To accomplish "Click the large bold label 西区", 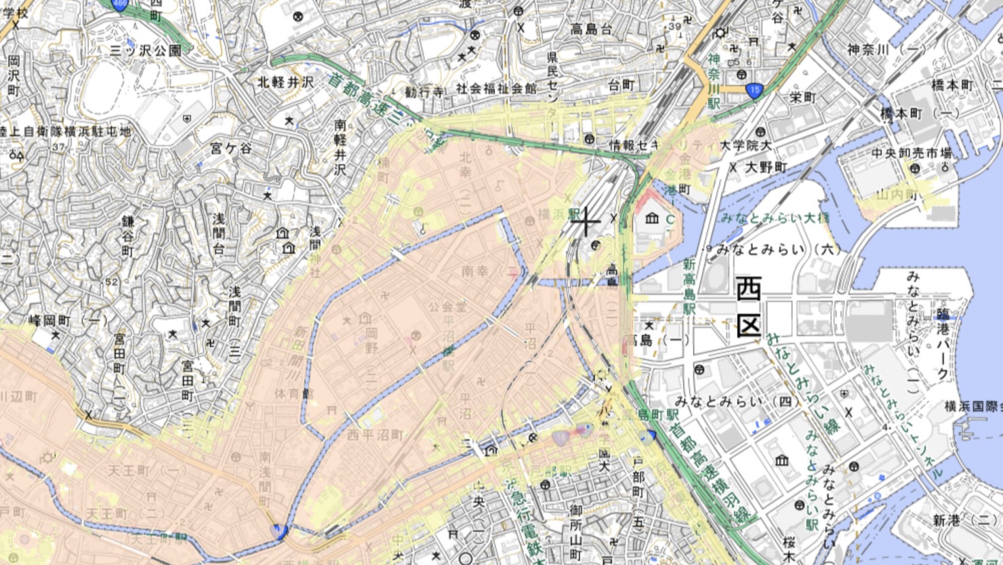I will pos(748,307).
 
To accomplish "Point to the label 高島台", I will pos(591,29).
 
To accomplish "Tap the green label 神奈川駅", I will pos(714,81).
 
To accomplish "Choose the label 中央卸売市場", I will pos(912,153).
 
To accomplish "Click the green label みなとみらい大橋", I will pos(775,218).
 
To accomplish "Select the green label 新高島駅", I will pos(689,286).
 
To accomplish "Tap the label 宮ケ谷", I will pos(230,147).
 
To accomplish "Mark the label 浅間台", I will pos(218,233).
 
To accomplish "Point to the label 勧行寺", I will pos(424,92).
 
